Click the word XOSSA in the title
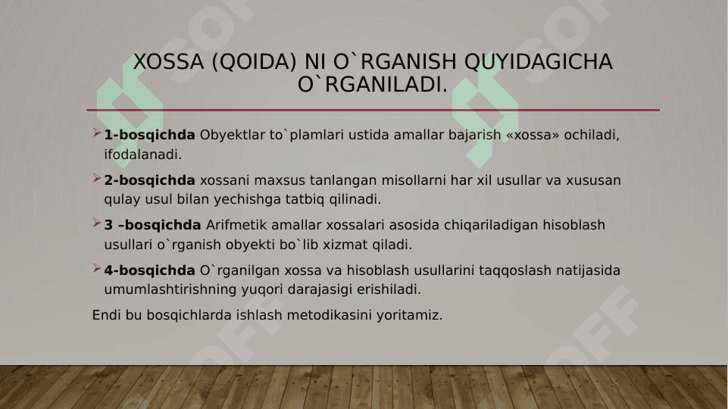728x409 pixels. (x=168, y=62)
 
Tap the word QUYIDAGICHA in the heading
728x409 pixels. (x=538, y=62)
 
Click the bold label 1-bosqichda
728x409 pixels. (x=149, y=135)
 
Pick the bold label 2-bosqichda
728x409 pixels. (x=149, y=180)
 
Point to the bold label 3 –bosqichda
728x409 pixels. (x=152, y=225)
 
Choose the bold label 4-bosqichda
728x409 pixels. (x=149, y=270)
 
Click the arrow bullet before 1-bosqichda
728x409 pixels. (x=96, y=133)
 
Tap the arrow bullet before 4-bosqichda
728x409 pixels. (x=96, y=268)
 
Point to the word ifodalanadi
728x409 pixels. (x=142, y=155)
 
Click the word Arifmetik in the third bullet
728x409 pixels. (x=236, y=225)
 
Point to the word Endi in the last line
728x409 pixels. (x=106, y=315)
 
